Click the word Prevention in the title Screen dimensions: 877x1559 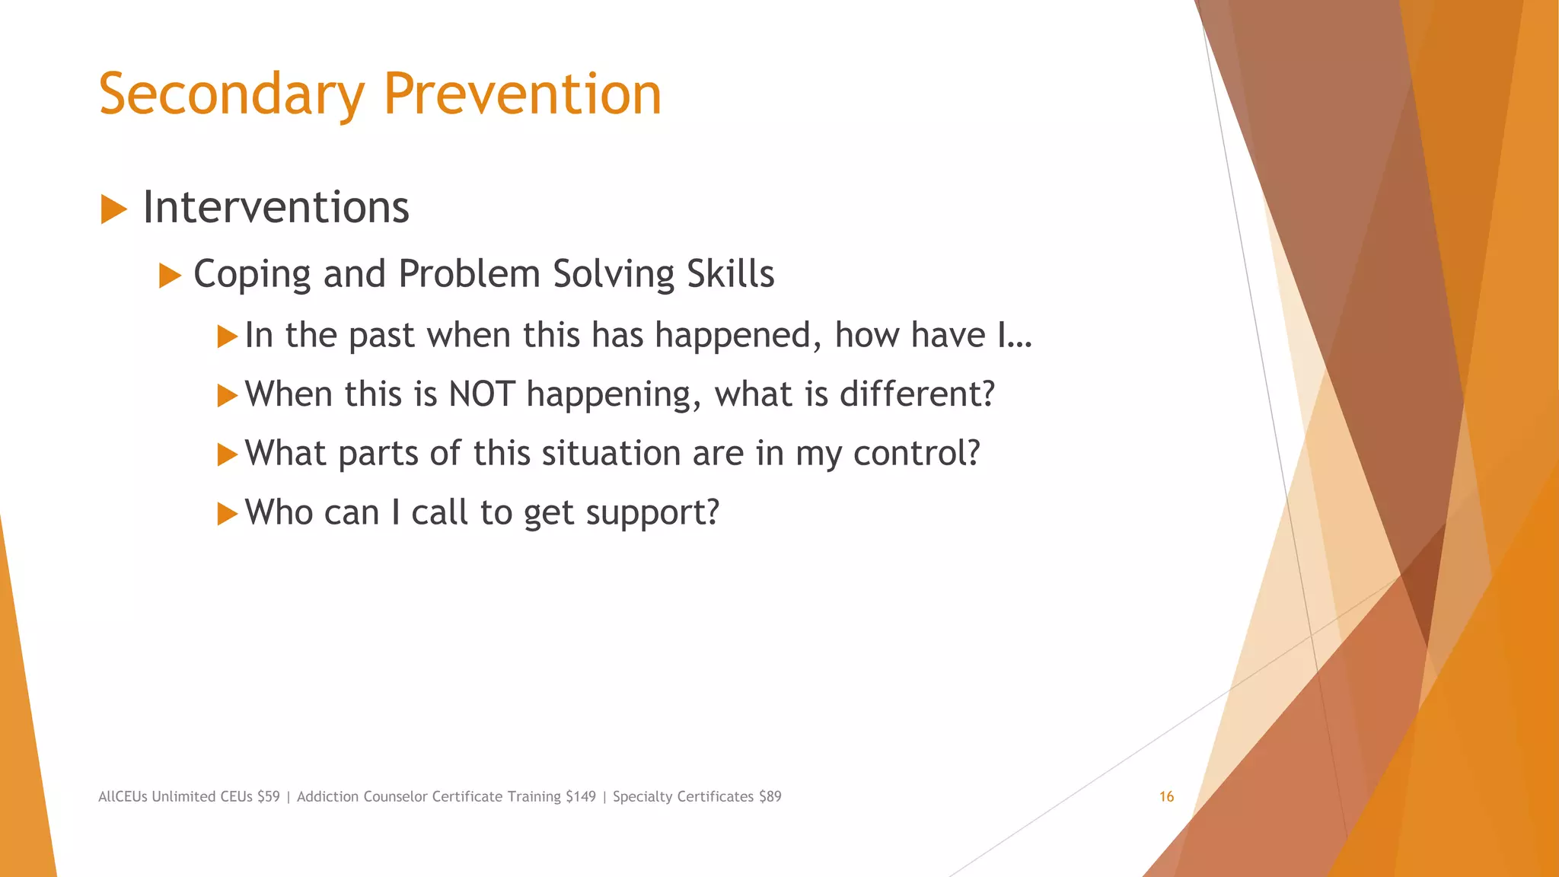(x=522, y=94)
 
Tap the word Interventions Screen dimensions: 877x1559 (x=276, y=207)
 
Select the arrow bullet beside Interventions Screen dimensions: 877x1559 (x=113, y=209)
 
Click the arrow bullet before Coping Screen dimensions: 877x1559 (x=170, y=276)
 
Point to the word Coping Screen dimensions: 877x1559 (x=252, y=275)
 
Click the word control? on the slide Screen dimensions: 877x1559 (x=917, y=454)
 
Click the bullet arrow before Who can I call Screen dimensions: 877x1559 (x=227, y=514)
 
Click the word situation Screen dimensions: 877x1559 (x=611, y=454)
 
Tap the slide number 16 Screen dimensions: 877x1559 (x=1166, y=797)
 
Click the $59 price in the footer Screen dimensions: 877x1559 (x=268, y=797)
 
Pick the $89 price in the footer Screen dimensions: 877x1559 (x=770, y=797)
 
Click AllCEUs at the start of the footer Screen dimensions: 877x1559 (x=123, y=797)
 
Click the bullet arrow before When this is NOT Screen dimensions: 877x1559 (x=227, y=395)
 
